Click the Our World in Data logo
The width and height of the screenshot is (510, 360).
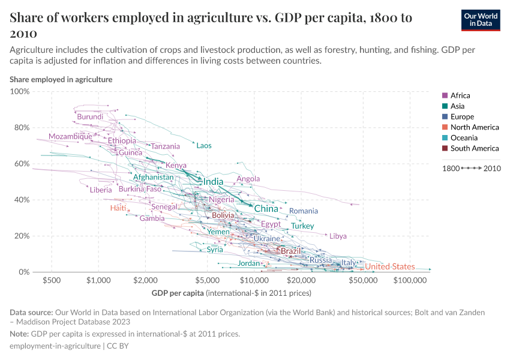[480, 20]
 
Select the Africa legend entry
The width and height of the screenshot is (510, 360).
[460, 95]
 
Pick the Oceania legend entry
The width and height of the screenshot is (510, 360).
[463, 138]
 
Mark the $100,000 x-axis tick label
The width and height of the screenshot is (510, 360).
[410, 280]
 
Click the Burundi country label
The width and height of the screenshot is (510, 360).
[90, 116]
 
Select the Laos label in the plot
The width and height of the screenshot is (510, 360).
[204, 146]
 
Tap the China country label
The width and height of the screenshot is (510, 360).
[266, 209]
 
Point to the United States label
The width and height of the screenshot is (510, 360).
[390, 266]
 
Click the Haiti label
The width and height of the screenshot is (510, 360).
[118, 208]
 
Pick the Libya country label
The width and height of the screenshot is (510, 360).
[338, 236]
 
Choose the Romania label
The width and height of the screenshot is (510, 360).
[304, 211]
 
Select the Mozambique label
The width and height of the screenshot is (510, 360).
[70, 136]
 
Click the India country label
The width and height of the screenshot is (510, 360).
[214, 182]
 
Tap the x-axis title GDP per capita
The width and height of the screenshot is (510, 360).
[178, 293]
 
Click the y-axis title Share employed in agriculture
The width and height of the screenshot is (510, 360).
[61, 79]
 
